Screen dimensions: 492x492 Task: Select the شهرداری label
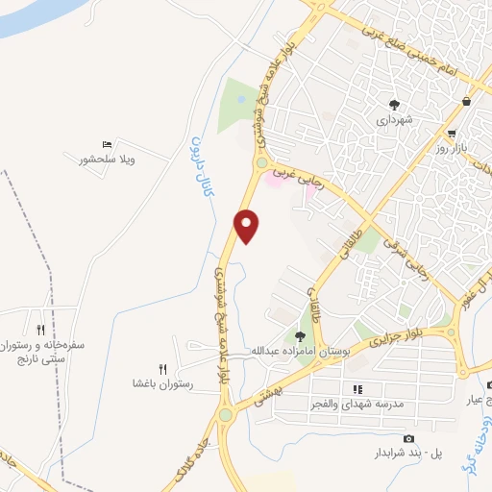coord(394,120)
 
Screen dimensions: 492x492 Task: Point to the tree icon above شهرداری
coord(394,104)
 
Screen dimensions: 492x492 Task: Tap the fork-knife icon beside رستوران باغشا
coord(162,369)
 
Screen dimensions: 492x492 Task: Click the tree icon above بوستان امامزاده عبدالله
coord(300,336)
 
